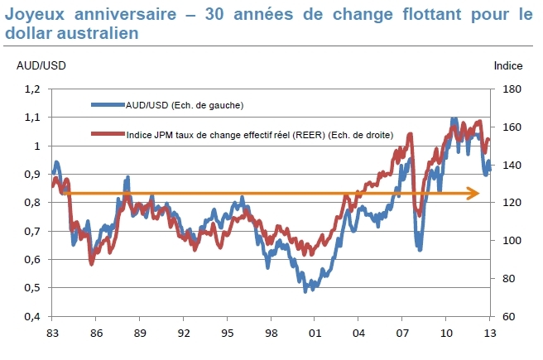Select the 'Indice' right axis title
tap(508, 65)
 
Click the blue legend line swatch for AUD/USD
tap(107, 105)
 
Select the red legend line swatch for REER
tap(107, 134)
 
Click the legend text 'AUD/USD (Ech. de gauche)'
tap(184, 105)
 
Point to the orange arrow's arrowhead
tap(474, 194)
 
